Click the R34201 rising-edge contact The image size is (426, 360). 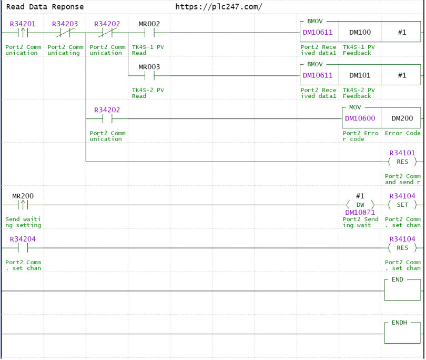23,33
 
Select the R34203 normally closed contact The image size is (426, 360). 65,33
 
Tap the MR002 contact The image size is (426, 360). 149,33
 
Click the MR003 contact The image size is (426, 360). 149,76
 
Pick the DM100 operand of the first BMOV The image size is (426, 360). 360,32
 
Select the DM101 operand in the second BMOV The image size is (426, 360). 360,75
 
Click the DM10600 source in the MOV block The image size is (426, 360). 360,118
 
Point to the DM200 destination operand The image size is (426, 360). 402,118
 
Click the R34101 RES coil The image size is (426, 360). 402,162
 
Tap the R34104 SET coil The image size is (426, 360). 402,205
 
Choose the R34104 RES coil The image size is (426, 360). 402,248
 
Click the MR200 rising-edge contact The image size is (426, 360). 23,205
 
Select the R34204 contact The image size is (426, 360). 23,248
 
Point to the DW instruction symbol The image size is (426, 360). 360,205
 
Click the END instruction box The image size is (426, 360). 402,290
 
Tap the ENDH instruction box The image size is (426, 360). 402,333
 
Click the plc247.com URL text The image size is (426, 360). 219,7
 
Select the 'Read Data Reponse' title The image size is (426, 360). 45,7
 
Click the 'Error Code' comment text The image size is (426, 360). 403,133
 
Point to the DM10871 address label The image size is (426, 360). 360,212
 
